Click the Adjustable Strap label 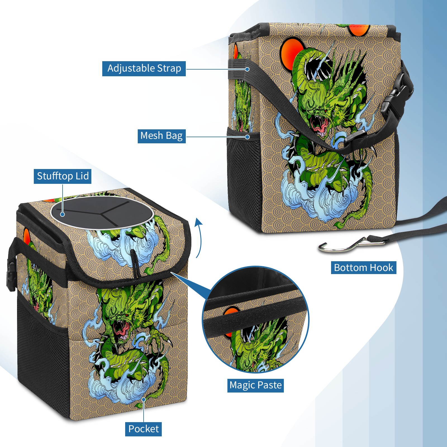tap(144, 68)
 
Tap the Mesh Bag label tap(161, 136)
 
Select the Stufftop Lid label tap(63, 176)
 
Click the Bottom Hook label tap(363, 268)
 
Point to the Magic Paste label tap(255, 385)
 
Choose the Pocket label tap(143, 429)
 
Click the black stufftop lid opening tap(102, 212)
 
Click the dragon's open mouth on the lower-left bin tap(122, 328)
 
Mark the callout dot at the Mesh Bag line tap(247, 137)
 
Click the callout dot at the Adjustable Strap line tap(247, 69)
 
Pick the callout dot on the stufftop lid tap(63, 214)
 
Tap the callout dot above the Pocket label tap(143, 400)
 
